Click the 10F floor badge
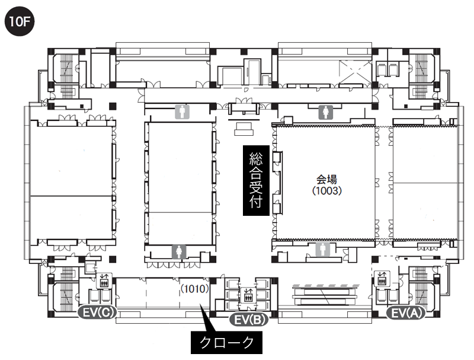tap(20, 21)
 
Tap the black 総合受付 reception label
tap(256, 180)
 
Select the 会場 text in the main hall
tap(327, 179)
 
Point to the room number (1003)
tap(327, 190)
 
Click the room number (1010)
tap(195, 289)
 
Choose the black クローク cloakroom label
tap(226, 343)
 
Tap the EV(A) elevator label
tap(406, 313)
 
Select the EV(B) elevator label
tap(249, 320)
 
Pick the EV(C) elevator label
tap(97, 312)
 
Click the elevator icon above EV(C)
tap(104, 281)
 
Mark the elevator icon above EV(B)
tap(248, 295)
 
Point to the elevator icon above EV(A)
tap(382, 278)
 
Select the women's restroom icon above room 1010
tap(179, 252)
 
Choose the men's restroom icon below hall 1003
tap(323, 250)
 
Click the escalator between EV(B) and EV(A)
tap(325, 295)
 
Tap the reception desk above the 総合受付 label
tap(244, 129)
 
